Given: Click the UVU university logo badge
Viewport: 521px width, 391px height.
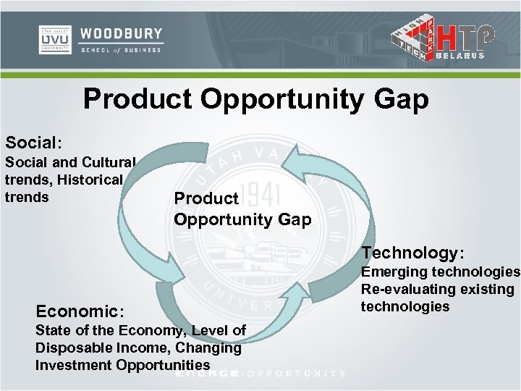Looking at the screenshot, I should click(x=55, y=40).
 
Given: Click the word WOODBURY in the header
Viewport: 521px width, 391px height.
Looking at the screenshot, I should click(x=121, y=34).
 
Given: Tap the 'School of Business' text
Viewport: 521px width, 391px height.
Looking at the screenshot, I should click(x=121, y=49).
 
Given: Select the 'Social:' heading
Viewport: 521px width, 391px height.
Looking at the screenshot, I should click(x=33, y=140).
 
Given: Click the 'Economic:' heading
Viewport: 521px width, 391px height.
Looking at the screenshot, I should click(x=80, y=311).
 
